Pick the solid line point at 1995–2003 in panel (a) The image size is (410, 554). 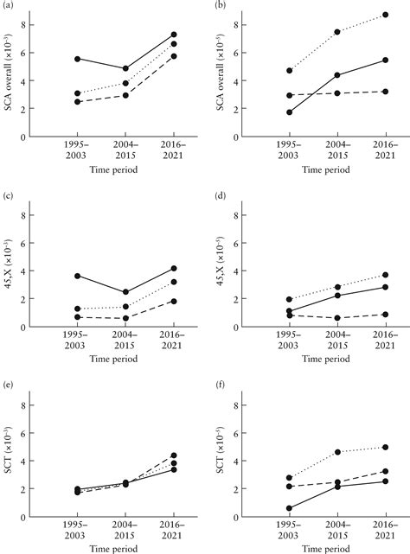(x=77, y=59)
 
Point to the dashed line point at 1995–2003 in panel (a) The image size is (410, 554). (x=77, y=102)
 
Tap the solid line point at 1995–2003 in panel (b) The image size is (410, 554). (x=288, y=112)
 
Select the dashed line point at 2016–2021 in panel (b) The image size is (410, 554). (x=384, y=91)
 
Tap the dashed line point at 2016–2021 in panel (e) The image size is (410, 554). (x=174, y=455)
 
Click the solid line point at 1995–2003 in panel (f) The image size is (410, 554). (x=288, y=508)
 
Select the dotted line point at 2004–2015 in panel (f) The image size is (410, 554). (x=336, y=452)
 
